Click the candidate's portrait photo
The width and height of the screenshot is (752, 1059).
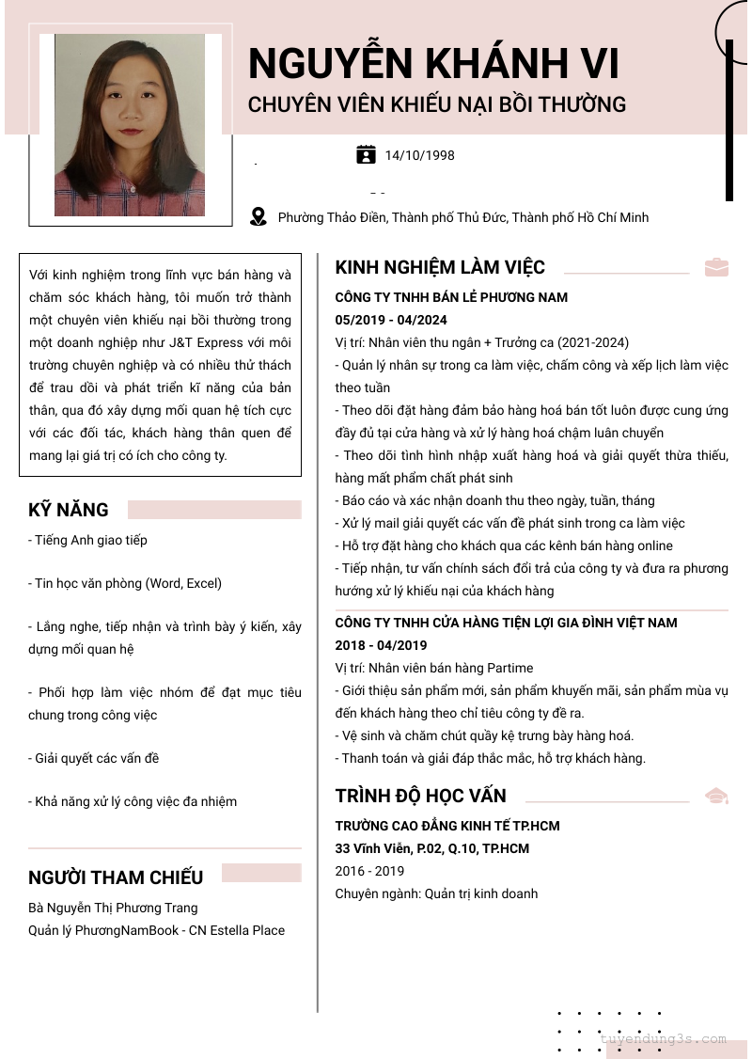(x=130, y=125)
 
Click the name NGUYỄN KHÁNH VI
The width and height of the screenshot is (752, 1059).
(x=433, y=64)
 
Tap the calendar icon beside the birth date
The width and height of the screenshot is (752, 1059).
(x=366, y=154)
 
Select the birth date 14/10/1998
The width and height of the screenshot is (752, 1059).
(x=419, y=155)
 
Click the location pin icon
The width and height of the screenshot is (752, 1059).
(x=258, y=217)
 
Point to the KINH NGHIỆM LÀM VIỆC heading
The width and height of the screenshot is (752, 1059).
(x=440, y=268)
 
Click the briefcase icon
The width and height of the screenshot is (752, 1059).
(x=716, y=267)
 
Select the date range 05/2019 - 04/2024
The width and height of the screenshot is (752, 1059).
(x=391, y=320)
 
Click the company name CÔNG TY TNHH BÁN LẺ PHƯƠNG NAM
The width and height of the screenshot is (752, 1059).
(x=451, y=297)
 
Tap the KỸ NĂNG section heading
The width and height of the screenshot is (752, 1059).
(x=69, y=510)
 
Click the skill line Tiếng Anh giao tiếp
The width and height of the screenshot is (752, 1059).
(x=87, y=540)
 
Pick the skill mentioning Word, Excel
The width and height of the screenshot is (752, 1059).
(x=125, y=583)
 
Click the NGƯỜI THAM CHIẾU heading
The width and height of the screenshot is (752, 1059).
(x=116, y=877)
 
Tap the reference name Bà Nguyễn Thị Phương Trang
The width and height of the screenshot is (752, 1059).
(x=113, y=908)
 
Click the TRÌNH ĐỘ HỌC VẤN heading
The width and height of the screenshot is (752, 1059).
(x=420, y=797)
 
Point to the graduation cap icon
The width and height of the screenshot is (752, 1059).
(x=716, y=796)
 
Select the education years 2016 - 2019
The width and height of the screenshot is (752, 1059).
(x=369, y=871)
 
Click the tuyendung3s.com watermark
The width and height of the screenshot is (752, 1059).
(x=663, y=1039)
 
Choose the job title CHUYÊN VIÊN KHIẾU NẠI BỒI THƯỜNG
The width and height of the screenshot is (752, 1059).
(x=436, y=104)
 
